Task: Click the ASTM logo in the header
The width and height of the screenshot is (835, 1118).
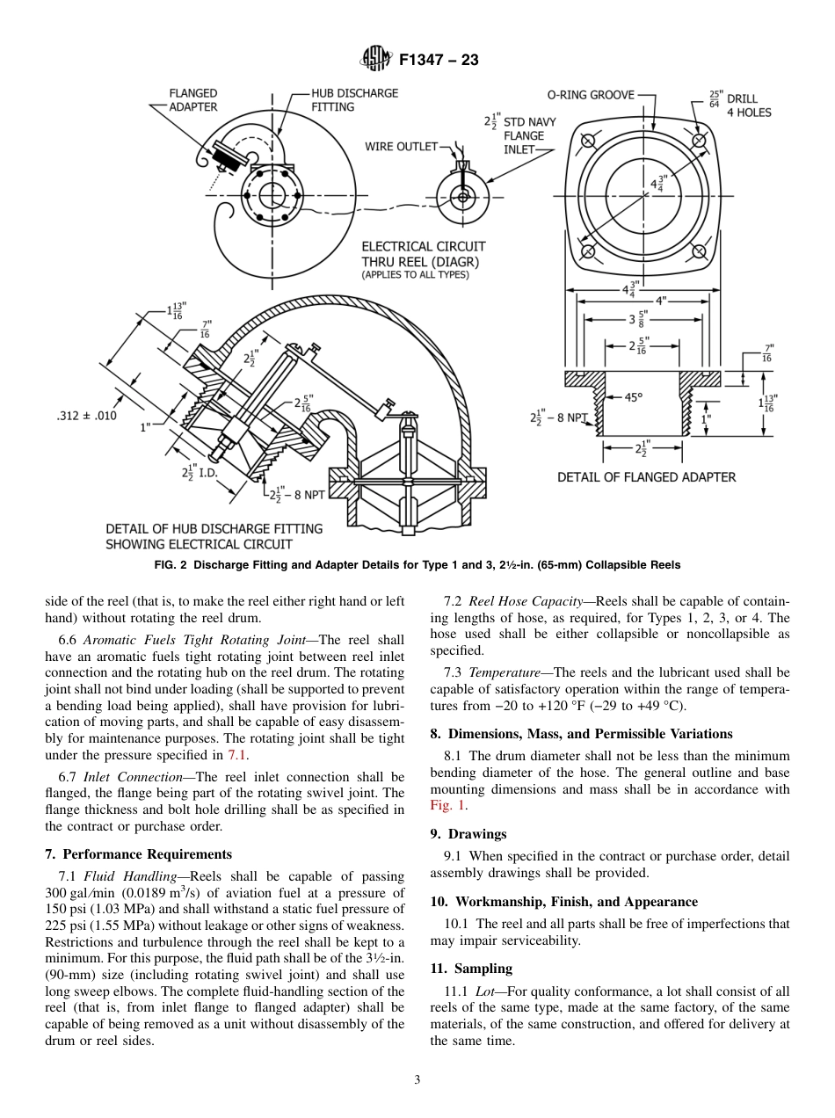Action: (x=376, y=61)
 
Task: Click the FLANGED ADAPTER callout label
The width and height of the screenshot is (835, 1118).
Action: (x=193, y=100)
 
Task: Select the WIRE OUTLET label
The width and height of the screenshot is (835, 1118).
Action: (x=401, y=147)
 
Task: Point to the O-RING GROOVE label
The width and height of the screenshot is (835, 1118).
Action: (x=591, y=95)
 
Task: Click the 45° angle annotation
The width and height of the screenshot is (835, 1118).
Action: (x=633, y=397)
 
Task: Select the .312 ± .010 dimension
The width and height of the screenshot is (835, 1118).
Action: (x=85, y=416)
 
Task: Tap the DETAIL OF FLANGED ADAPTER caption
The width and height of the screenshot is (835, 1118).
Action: (x=646, y=477)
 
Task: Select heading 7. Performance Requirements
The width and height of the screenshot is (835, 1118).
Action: (x=138, y=853)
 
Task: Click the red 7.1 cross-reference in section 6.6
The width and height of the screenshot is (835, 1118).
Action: (x=236, y=754)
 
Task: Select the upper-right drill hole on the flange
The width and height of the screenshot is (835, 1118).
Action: (x=699, y=142)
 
